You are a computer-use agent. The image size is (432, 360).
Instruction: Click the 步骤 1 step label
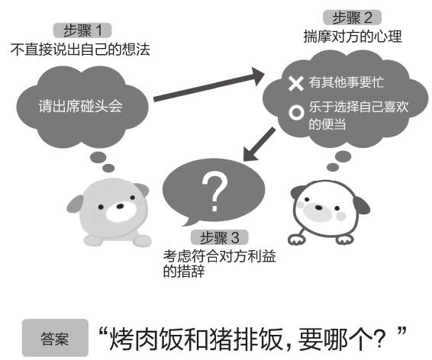pyautogui.click(x=82, y=31)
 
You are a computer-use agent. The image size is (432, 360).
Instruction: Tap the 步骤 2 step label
pyautogui.click(x=352, y=18)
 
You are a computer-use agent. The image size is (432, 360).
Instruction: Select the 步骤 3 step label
pyautogui.click(x=220, y=237)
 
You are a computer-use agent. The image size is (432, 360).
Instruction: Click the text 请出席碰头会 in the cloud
pyautogui.click(x=80, y=106)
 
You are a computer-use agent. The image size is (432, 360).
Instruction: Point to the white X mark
pyautogui.click(x=295, y=83)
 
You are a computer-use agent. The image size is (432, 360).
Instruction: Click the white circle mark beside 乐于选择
pyautogui.click(x=296, y=112)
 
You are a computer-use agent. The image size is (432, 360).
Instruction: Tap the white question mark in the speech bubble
pyautogui.click(x=214, y=191)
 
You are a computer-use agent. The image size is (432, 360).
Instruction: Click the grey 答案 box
pyautogui.click(x=55, y=338)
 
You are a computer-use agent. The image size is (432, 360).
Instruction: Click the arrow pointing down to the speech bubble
pyautogui.click(x=260, y=144)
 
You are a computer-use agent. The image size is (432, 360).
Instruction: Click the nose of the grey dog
pyautogui.click(x=120, y=206)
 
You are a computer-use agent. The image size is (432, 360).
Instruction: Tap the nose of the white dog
pyautogui.click(x=318, y=207)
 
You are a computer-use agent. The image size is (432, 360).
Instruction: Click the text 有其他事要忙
pyautogui.click(x=347, y=82)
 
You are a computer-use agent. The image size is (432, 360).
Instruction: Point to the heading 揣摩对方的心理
pyautogui.click(x=353, y=37)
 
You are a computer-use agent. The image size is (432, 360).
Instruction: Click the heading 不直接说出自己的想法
pyautogui.click(x=80, y=50)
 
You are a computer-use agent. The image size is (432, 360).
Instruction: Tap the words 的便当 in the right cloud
pyautogui.click(x=327, y=124)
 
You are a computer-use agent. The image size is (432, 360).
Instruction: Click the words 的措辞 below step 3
pyautogui.click(x=184, y=271)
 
